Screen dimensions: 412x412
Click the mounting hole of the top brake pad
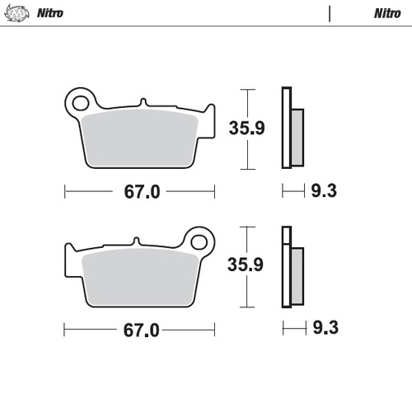(81, 103)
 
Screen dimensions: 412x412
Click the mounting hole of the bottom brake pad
(199, 241)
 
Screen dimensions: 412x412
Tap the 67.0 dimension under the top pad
(141, 192)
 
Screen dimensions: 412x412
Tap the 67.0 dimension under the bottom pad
(141, 330)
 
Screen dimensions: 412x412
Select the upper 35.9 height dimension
(246, 128)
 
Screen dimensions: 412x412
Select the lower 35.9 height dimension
(246, 265)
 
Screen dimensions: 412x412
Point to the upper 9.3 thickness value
(324, 192)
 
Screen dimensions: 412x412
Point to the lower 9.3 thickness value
(324, 330)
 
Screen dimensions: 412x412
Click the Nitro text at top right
(386, 13)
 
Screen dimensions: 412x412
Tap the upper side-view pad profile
(290, 128)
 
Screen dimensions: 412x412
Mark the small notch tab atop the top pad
(143, 103)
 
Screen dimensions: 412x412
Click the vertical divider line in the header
(330, 13)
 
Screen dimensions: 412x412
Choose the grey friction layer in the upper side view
(297, 136)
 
